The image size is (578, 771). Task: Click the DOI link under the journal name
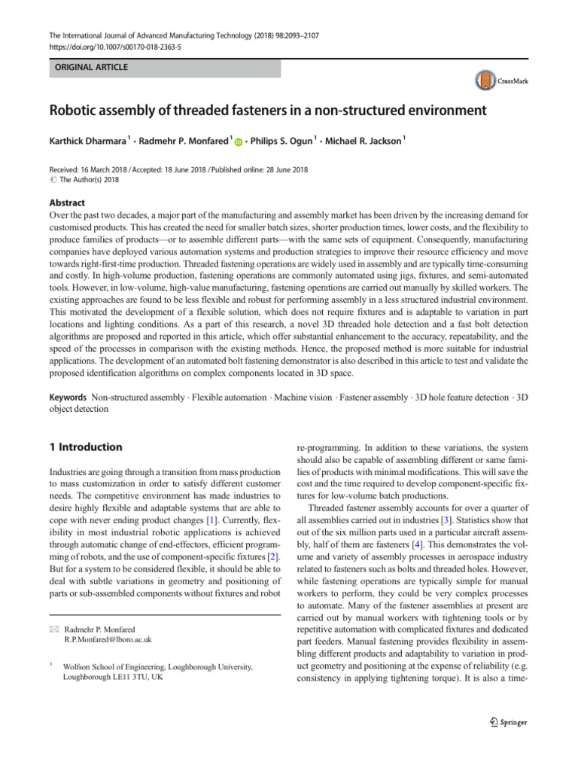[x=110, y=46]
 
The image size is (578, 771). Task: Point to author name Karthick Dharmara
[x=87, y=140]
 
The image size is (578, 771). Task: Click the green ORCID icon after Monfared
[x=239, y=141]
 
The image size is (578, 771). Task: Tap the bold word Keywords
[x=68, y=397]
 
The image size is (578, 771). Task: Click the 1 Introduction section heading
[x=85, y=447]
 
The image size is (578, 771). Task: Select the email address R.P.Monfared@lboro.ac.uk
[x=108, y=639]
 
